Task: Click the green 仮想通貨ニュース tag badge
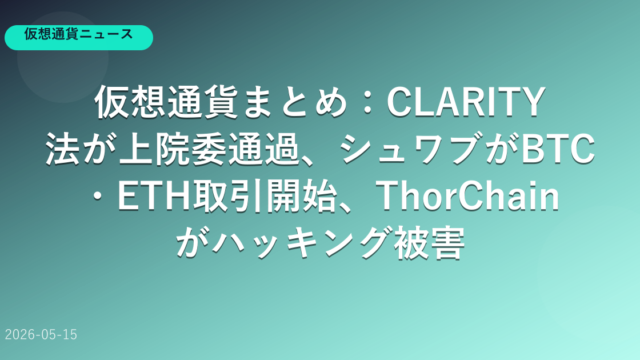[x=79, y=38]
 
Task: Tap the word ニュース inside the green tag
[x=106, y=34]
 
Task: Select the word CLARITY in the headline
[x=466, y=102]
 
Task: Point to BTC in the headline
[x=558, y=149]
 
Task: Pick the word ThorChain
[x=467, y=196]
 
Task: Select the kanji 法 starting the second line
[x=63, y=149]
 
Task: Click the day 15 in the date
[x=70, y=335]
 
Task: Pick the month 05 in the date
[x=50, y=335]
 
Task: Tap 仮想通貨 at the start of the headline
[x=167, y=102]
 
